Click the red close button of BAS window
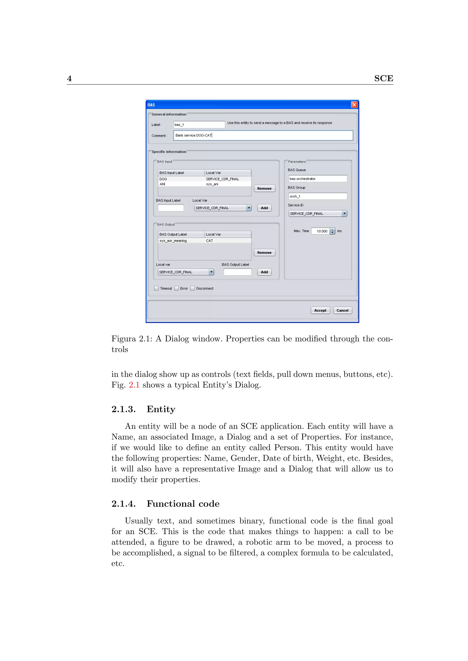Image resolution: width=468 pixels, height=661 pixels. [x=354, y=105]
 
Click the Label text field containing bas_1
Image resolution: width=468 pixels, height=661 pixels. [x=199, y=125]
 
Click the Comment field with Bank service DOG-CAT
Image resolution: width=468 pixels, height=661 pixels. [x=263, y=135]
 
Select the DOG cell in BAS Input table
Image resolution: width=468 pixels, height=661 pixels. [x=163, y=179]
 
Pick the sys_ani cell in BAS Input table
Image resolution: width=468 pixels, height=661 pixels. [x=212, y=184]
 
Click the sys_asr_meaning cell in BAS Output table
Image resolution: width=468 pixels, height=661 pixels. [x=173, y=241]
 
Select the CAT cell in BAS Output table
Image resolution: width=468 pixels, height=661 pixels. [x=210, y=241]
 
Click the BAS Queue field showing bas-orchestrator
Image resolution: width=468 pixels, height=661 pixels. [x=318, y=179]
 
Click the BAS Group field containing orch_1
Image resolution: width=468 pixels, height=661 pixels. [x=318, y=196]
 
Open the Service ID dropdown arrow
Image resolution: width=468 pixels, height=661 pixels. [x=344, y=214]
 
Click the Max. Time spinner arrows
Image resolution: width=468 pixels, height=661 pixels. [x=332, y=231]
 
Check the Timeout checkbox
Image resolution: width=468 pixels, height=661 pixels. [x=157, y=288]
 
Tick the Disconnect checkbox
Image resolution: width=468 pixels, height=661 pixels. [x=192, y=288]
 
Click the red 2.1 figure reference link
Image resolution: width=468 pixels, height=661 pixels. [x=134, y=385]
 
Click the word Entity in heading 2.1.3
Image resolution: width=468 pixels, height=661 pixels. [x=161, y=409]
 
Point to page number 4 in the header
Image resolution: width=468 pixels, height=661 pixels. [x=69, y=78]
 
